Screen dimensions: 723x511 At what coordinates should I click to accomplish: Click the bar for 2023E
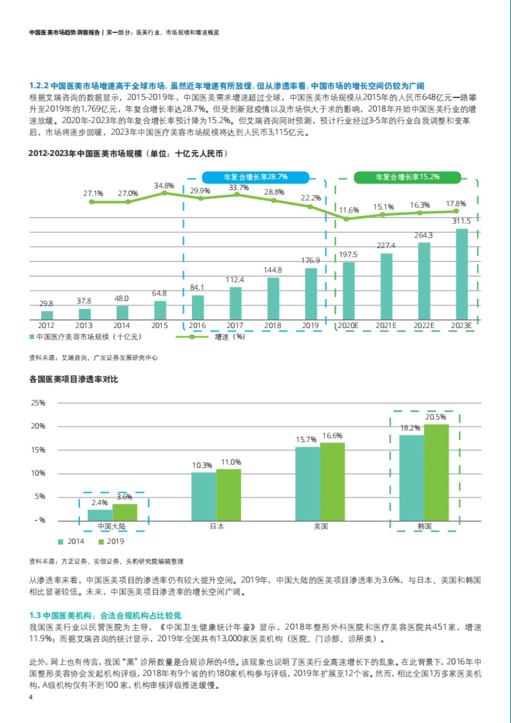pyautogui.click(x=462, y=274)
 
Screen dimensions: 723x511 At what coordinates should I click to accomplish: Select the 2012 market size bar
pyautogui.click(x=47, y=315)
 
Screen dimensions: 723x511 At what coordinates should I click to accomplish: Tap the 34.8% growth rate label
pyautogui.click(x=164, y=186)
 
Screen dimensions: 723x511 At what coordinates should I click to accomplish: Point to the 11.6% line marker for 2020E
pyautogui.click(x=346, y=219)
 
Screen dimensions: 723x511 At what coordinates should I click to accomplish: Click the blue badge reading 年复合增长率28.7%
pyautogui.click(x=255, y=177)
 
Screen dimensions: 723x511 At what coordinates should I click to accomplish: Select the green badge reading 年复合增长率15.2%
pyautogui.click(x=407, y=177)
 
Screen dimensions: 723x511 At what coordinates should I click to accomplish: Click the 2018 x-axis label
pyautogui.click(x=273, y=326)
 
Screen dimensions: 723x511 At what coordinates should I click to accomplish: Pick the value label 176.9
pyautogui.click(x=310, y=260)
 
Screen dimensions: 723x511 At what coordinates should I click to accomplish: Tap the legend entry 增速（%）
pyautogui.click(x=230, y=337)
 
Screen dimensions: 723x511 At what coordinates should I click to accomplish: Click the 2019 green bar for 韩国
pyautogui.click(x=436, y=473)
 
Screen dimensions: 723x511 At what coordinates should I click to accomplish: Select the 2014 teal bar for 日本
pyautogui.click(x=204, y=496)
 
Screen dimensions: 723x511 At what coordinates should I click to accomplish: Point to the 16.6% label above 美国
pyautogui.click(x=332, y=436)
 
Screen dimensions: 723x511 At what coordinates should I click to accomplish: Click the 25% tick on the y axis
pyautogui.click(x=38, y=403)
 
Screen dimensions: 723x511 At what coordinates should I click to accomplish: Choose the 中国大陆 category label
pyautogui.click(x=112, y=526)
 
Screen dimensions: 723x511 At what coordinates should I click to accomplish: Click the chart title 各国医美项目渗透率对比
pyautogui.click(x=74, y=379)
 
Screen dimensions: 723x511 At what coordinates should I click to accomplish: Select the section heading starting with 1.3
pyautogui.click(x=105, y=615)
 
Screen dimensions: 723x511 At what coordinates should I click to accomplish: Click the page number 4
pyautogui.click(x=31, y=697)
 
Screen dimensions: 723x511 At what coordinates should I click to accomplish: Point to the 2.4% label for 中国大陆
pyautogui.click(x=100, y=503)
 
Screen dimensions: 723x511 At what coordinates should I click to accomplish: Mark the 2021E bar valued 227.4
pyautogui.click(x=386, y=287)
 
